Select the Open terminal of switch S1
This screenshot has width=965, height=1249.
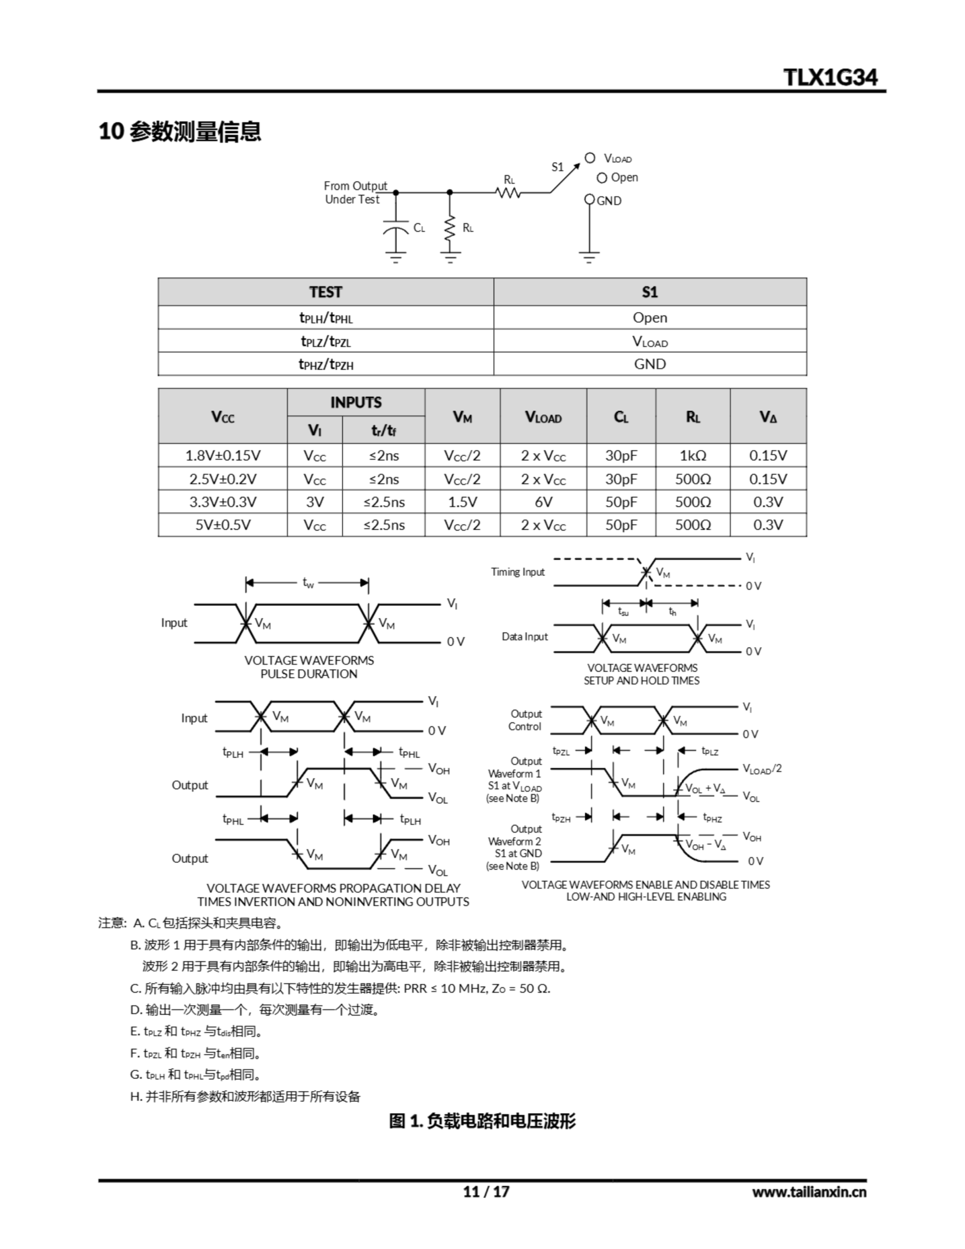pos(602,178)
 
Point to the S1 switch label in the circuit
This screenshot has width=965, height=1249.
pos(557,167)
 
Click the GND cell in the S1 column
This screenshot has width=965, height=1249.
pos(650,363)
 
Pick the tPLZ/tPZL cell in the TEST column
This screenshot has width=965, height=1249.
pos(325,341)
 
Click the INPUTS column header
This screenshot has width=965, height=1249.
pos(355,402)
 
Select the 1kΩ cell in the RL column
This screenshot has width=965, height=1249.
pos(692,455)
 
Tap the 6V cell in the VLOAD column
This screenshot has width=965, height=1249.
pos(543,502)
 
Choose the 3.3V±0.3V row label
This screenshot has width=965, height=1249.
pos(222,502)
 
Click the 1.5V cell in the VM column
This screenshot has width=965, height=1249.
pos(462,502)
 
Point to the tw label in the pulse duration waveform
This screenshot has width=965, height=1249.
pos(308,583)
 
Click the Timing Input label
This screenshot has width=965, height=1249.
pos(518,571)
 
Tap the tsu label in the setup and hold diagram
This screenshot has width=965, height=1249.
pos(623,611)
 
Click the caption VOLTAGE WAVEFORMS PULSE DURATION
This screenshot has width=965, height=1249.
pos(309,667)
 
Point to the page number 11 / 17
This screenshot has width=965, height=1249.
pos(485,1191)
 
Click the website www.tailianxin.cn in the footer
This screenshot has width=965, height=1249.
pos(809,1191)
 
